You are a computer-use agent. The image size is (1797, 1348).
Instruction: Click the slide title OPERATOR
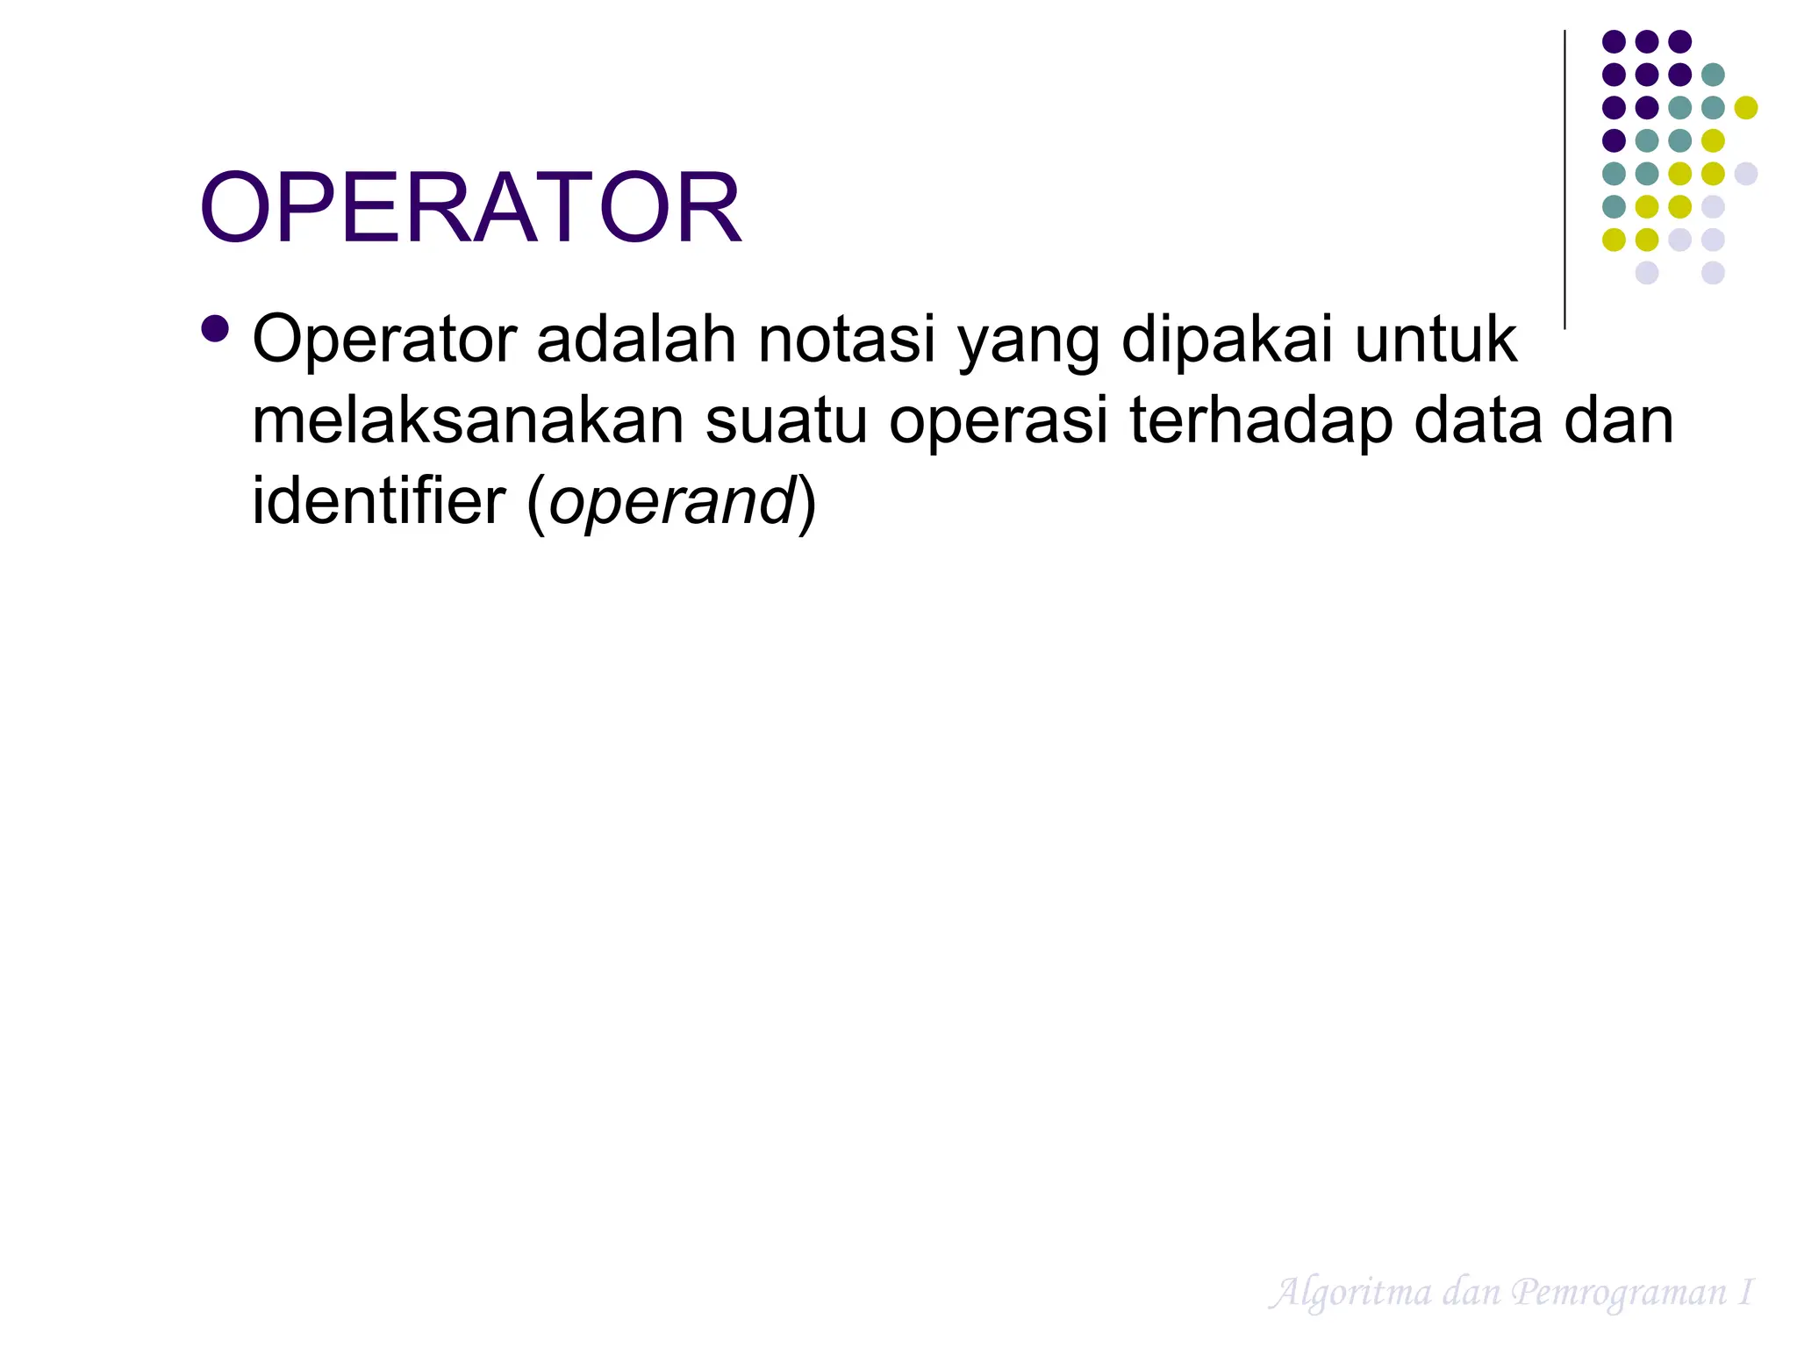(x=470, y=208)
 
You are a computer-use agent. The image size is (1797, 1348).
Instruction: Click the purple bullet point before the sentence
(x=215, y=329)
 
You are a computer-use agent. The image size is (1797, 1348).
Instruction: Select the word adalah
(x=635, y=340)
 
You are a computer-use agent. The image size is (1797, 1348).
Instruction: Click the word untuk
(x=1435, y=340)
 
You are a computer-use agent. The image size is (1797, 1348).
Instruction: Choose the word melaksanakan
(x=467, y=420)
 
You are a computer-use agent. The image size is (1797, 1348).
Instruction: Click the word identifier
(x=379, y=501)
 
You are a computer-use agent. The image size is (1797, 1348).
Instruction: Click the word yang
(x=1028, y=342)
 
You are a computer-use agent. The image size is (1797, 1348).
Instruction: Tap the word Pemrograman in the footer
(x=1619, y=1293)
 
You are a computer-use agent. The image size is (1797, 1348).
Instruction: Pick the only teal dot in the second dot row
(x=1713, y=75)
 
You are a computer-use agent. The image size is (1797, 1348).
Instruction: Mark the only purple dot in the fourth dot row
(x=1614, y=140)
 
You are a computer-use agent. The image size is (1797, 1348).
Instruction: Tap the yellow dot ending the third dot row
(x=1746, y=108)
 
